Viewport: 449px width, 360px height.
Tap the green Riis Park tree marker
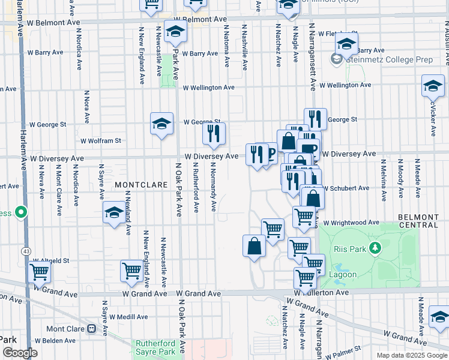coord(375,247)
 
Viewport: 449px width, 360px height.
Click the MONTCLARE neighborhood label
coord(141,185)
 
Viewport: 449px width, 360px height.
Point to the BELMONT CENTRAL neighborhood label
coord(418,220)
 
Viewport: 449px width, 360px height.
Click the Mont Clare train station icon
coord(92,329)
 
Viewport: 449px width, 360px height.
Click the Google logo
coord(19,353)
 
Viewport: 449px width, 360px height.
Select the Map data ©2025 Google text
coord(412,355)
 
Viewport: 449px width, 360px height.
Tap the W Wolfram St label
coord(101,141)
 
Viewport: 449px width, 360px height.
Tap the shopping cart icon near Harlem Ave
coord(40,272)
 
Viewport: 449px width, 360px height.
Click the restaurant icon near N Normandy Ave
coord(214,134)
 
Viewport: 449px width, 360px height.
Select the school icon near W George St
coord(161,124)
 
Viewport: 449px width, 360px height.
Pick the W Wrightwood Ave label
coord(353,222)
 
